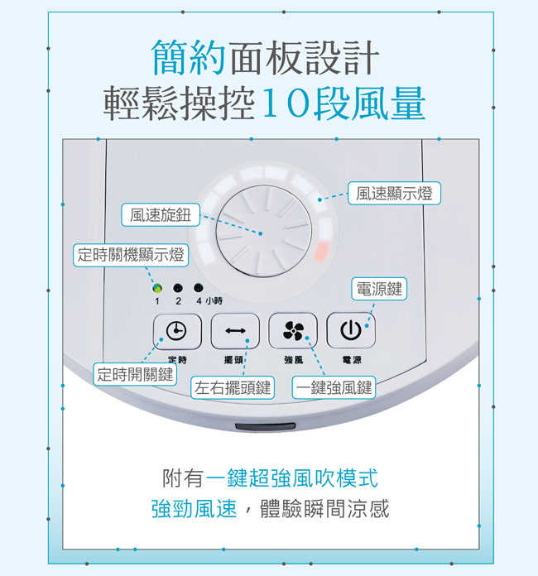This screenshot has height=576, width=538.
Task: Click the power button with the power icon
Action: click(x=351, y=331)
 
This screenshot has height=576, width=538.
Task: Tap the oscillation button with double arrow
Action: click(x=235, y=331)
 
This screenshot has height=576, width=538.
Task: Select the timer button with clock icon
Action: click(x=176, y=331)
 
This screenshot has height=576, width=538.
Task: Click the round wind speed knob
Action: click(x=265, y=232)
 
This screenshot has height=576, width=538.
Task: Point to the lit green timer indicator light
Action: click(x=156, y=288)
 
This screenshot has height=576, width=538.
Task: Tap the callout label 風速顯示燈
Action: click(x=394, y=194)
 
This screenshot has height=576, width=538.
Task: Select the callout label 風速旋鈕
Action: click(x=160, y=215)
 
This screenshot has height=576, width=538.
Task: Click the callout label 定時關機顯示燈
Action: click(x=130, y=254)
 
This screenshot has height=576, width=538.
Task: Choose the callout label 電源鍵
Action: click(x=378, y=289)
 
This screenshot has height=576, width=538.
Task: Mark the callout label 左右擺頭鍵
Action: click(x=232, y=387)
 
